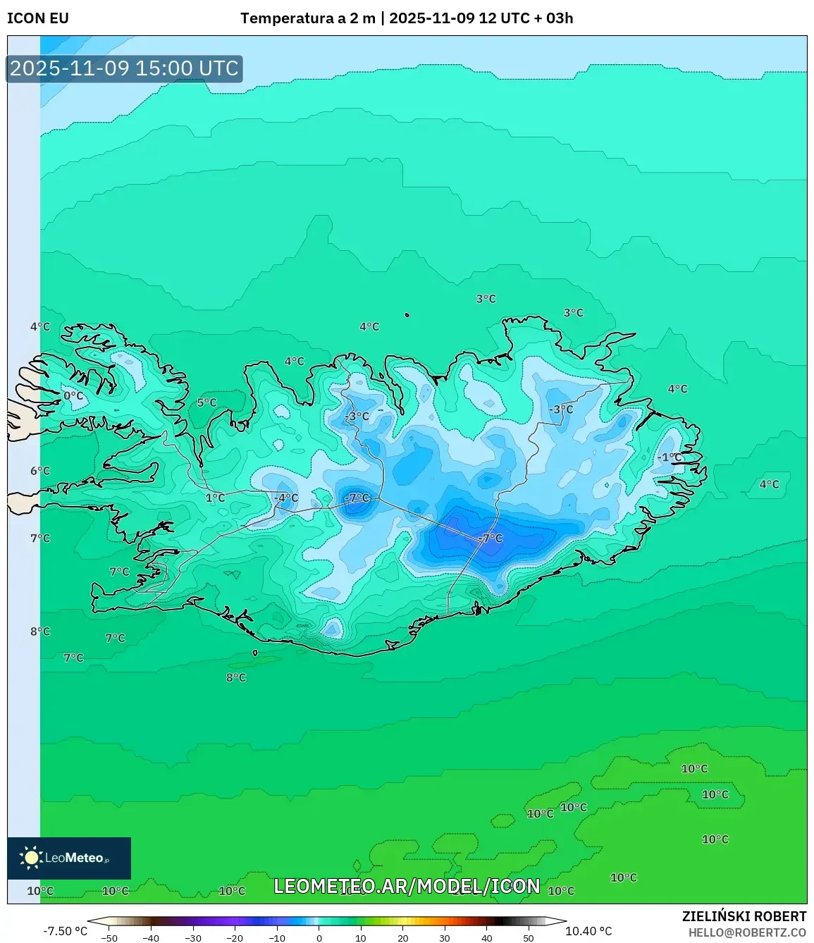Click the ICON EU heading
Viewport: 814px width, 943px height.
coord(38,18)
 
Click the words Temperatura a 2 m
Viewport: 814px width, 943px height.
coord(308,18)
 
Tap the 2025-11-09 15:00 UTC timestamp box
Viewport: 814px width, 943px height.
coord(125,68)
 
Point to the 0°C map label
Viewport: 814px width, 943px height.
coord(73,396)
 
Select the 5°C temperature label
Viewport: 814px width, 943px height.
coord(206,402)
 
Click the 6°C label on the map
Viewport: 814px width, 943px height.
coord(40,471)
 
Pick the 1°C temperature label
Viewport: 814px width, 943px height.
coord(215,498)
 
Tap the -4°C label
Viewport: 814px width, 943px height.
coord(286,498)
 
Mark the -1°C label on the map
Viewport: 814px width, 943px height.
coord(670,457)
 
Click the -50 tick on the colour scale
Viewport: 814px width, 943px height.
coord(109,938)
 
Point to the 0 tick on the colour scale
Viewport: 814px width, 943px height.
coord(319,938)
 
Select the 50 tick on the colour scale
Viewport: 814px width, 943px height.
coord(529,938)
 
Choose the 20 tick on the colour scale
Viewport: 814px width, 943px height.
coord(402,938)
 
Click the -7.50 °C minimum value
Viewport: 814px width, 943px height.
coord(66,931)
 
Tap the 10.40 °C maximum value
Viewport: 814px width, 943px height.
coord(588,931)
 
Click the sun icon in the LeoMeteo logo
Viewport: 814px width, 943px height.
coord(31,858)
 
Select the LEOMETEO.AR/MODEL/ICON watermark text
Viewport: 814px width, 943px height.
coord(407,886)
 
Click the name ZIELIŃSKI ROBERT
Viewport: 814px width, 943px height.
coord(744,916)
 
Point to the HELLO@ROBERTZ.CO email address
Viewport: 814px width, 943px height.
coord(747,932)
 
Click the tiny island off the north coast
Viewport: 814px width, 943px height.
coord(407,315)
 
